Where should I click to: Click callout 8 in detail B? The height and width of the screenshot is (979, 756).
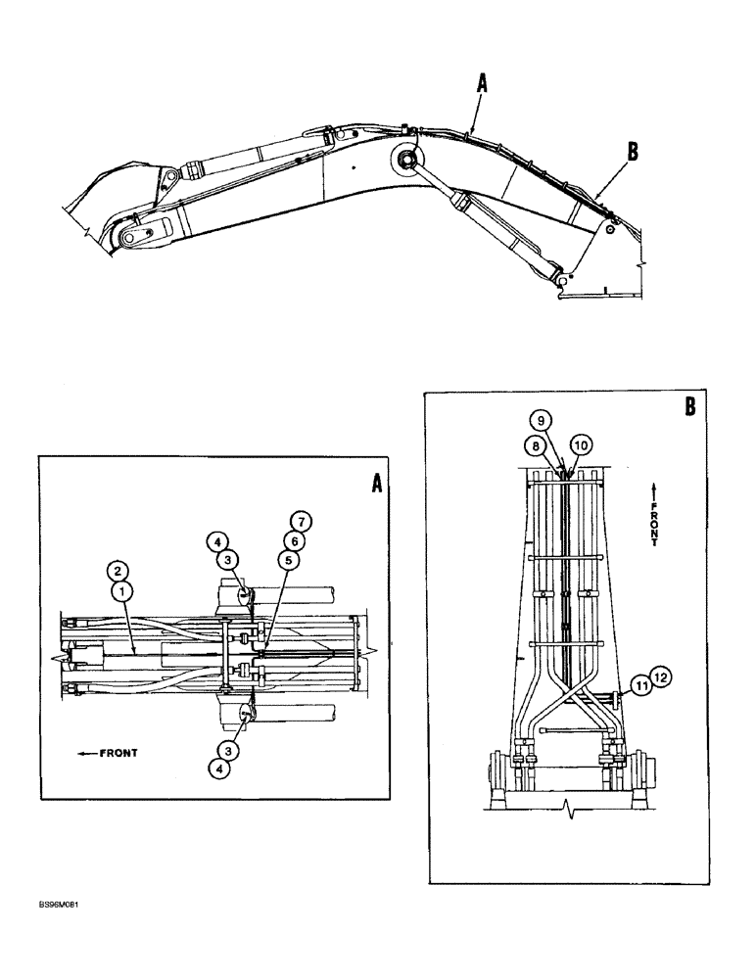[536, 444]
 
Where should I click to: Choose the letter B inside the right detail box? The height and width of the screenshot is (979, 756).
[689, 407]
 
